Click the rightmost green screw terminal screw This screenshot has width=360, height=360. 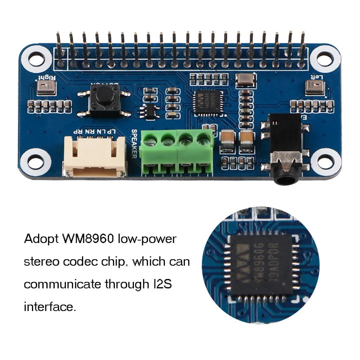click(x=204, y=138)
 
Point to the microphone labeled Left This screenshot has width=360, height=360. click(x=314, y=87)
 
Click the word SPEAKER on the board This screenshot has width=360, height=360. click(x=134, y=143)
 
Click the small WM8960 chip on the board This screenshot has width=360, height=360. click(x=208, y=103)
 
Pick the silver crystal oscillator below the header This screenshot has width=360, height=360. click(x=245, y=80)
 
